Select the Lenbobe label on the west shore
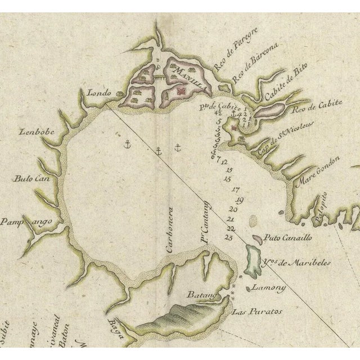(x=35, y=134)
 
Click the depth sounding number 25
(x=228, y=237)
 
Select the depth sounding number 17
(x=235, y=190)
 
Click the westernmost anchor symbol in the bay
(x=127, y=145)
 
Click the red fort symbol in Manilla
(x=181, y=90)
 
